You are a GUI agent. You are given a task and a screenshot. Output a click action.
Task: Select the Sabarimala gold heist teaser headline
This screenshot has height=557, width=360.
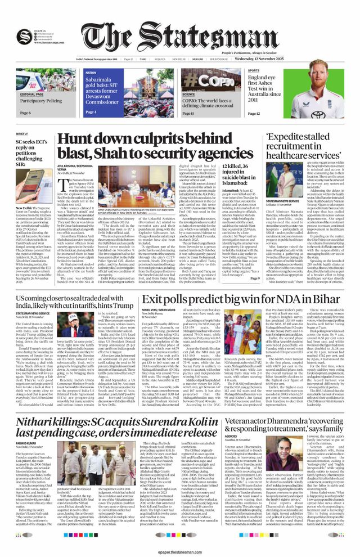click(103, 91)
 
